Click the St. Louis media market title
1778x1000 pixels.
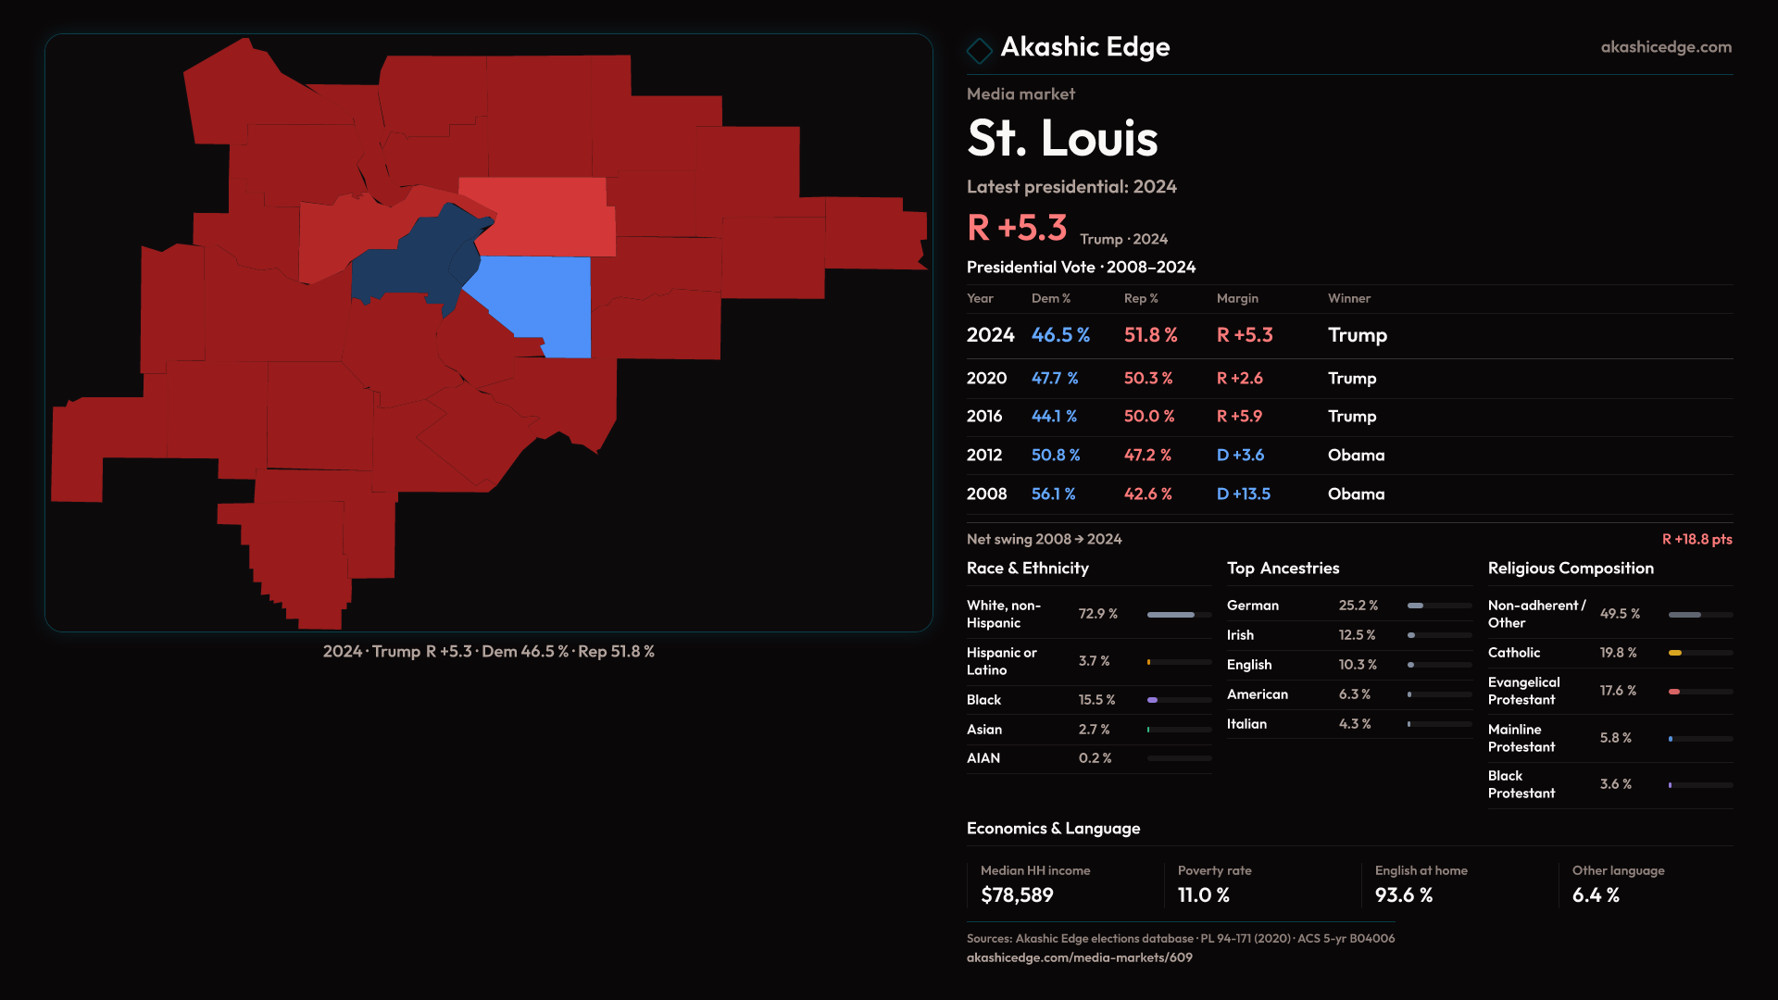[x=1062, y=139]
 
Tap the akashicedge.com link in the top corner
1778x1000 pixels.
[x=1665, y=47]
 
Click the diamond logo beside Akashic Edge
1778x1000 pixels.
[x=979, y=49]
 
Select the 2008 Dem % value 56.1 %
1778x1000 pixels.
[x=1053, y=494]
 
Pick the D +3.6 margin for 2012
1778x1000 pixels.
[x=1240, y=456]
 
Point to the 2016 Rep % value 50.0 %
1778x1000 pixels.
[x=1148, y=417]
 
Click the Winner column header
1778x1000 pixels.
[x=1348, y=298]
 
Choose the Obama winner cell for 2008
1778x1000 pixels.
[x=1356, y=494]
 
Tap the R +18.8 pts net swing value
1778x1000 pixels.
[x=1697, y=540]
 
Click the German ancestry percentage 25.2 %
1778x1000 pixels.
[x=1358, y=606]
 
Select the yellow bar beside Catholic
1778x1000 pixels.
[x=1675, y=653]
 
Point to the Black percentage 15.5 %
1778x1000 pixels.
[x=1096, y=700]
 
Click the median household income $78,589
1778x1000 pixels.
[x=1017, y=895]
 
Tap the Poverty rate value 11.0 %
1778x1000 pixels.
[x=1203, y=895]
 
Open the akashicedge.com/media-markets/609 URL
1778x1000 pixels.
[x=1079, y=958]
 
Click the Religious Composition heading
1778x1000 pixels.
[x=1570, y=569]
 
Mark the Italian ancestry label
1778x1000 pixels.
[x=1246, y=724]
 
